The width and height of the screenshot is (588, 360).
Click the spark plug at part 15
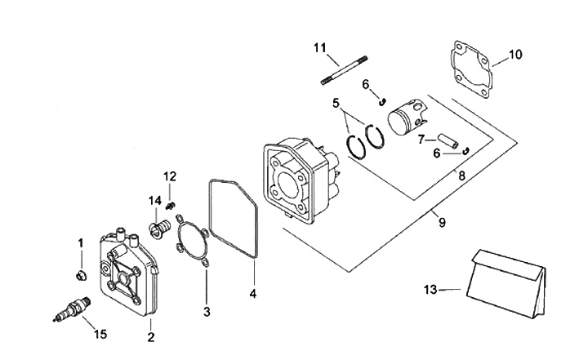[x=71, y=308]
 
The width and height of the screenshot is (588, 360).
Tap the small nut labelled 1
[x=82, y=273]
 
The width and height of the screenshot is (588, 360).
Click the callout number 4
[x=253, y=293]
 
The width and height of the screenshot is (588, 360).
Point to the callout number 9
[x=442, y=220]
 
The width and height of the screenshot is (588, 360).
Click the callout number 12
[x=170, y=176]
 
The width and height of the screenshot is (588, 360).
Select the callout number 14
[x=154, y=201]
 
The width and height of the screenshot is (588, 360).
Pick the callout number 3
[x=207, y=311]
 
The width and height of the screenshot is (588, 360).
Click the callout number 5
[x=335, y=103]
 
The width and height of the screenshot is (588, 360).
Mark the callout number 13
[x=432, y=288]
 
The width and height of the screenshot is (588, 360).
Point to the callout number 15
[x=99, y=333]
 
